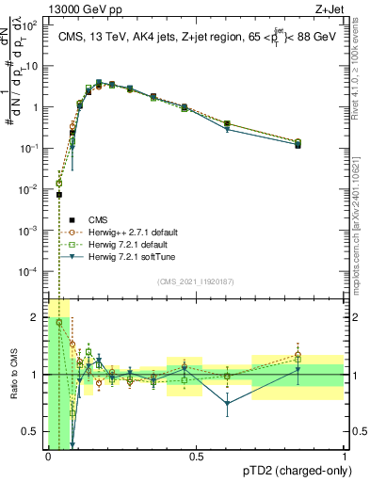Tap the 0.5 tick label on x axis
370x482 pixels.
tap(196, 456)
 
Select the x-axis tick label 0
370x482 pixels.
tap(48, 456)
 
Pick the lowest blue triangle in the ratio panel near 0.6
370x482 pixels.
tap(227, 404)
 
